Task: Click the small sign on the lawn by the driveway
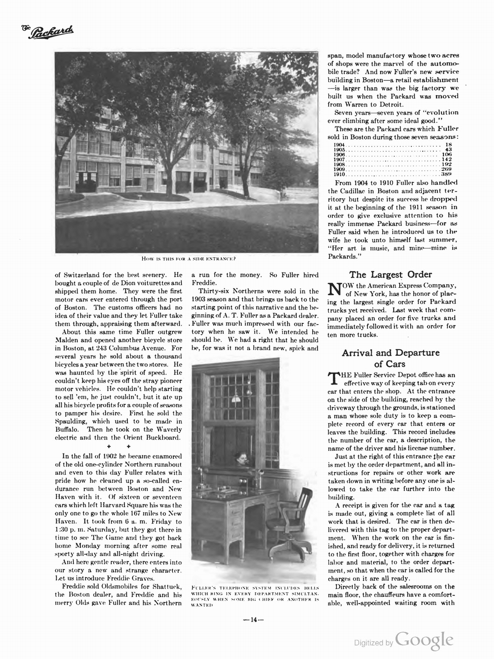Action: coord(140,196)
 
